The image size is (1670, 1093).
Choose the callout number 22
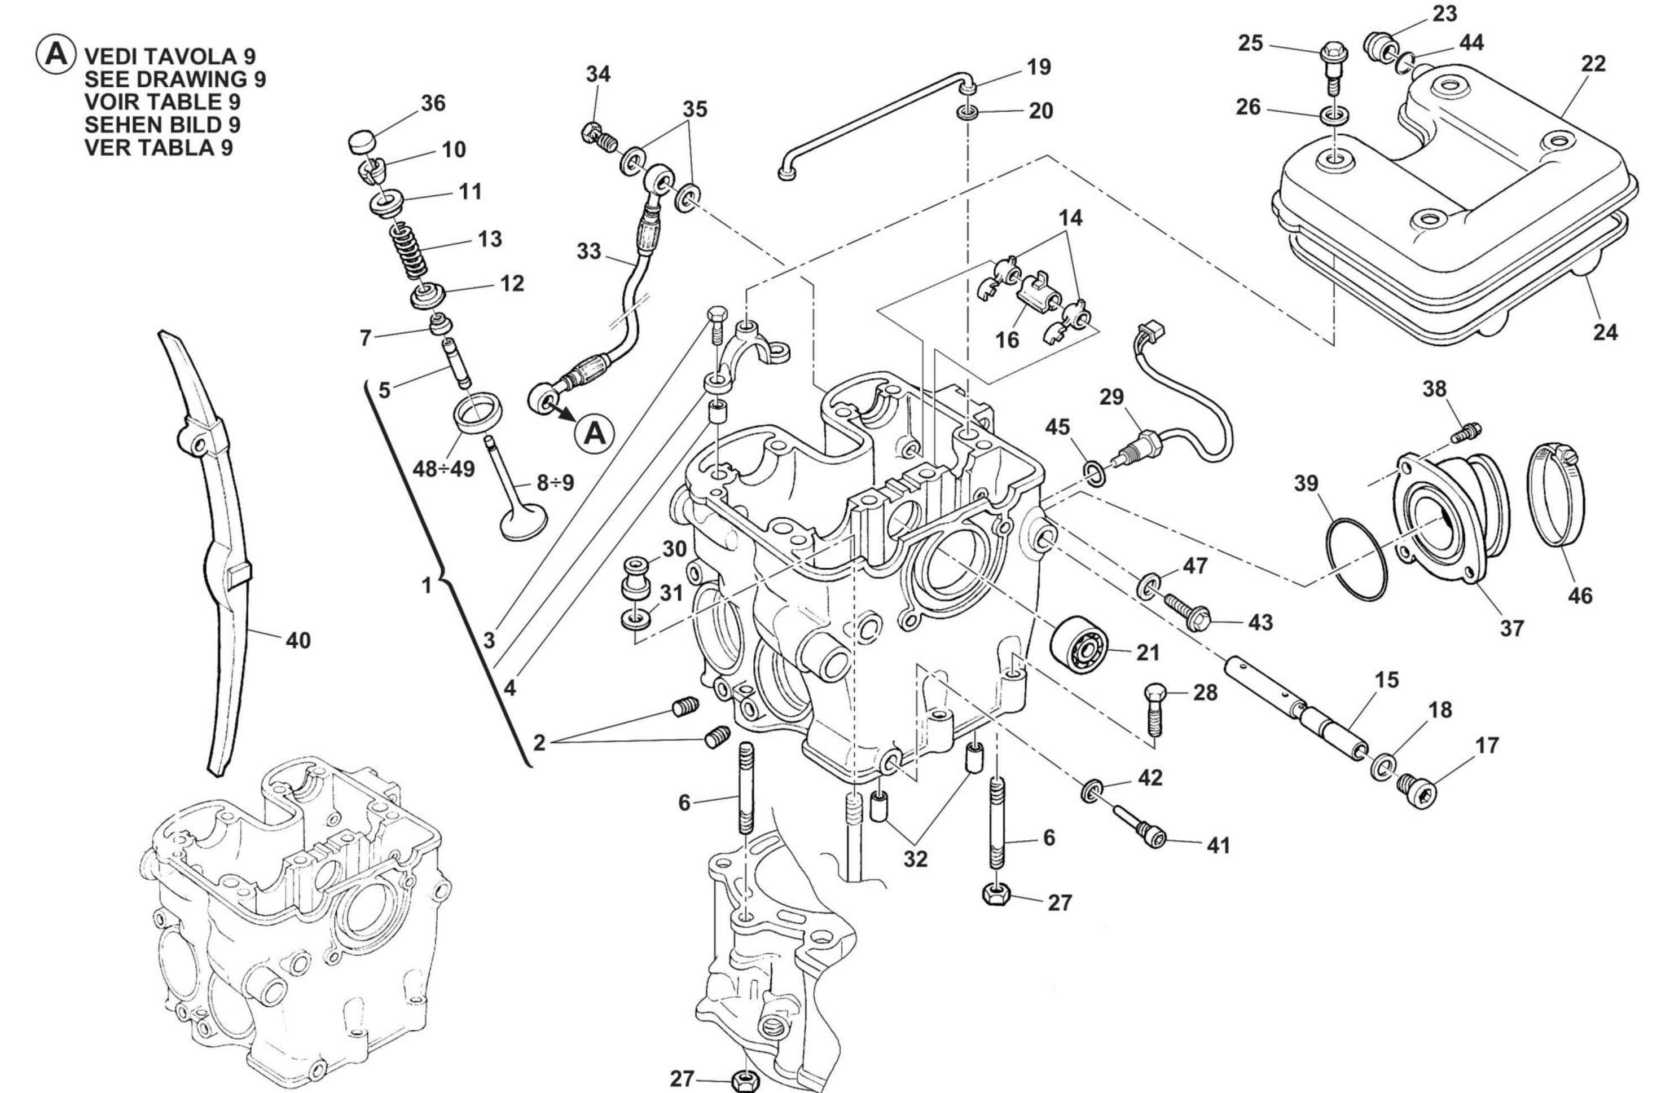[1593, 64]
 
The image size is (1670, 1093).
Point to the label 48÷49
[443, 469]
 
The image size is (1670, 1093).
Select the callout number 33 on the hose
[588, 250]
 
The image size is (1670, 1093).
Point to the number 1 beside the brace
[427, 585]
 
